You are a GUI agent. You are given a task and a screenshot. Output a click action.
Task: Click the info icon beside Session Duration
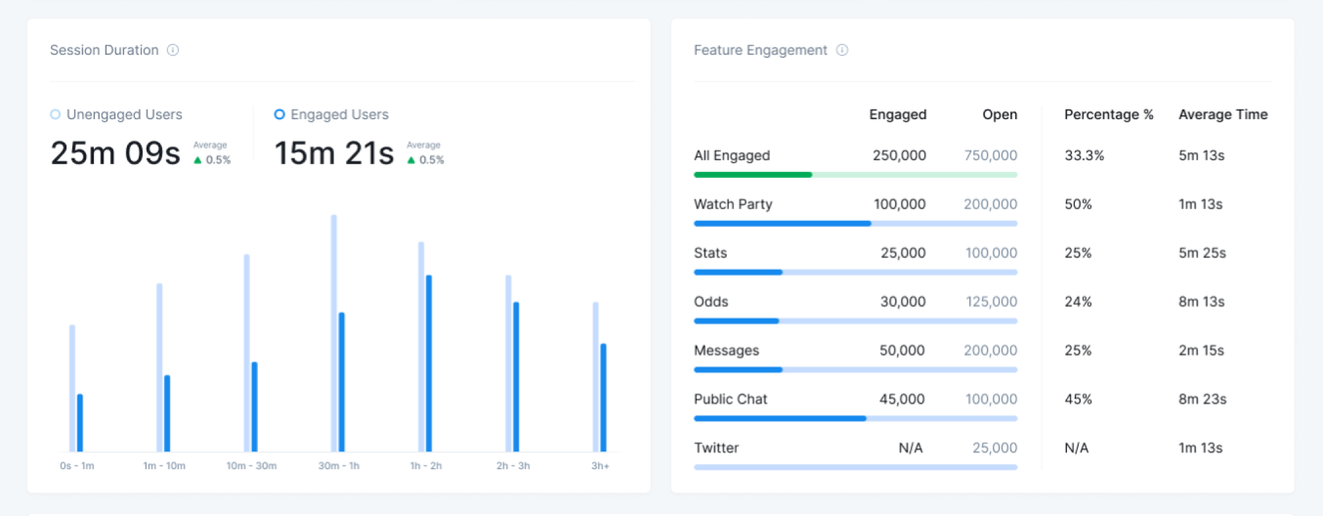click(x=173, y=50)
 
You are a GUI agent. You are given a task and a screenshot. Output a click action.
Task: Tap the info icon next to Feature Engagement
click(x=842, y=50)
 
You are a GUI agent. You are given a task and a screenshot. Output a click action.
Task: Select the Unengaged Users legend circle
click(x=55, y=115)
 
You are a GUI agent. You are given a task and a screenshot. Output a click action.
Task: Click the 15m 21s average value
click(x=334, y=154)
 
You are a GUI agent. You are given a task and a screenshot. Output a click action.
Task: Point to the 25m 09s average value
click(x=115, y=154)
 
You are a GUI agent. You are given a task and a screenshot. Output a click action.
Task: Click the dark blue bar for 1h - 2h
click(x=429, y=363)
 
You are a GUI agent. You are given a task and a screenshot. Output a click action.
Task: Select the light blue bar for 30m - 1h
click(x=334, y=332)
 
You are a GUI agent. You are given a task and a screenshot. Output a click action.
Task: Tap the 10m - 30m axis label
click(x=251, y=466)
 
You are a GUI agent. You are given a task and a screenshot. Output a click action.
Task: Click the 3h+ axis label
click(x=600, y=466)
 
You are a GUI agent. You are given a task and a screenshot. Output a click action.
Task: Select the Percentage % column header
click(x=1108, y=115)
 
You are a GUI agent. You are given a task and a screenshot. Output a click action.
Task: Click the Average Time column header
click(x=1223, y=115)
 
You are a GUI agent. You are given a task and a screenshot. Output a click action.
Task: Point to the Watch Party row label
click(x=733, y=205)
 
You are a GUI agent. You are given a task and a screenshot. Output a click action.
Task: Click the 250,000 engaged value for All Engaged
click(x=899, y=156)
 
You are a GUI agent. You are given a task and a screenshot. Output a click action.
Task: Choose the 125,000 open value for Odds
click(x=990, y=302)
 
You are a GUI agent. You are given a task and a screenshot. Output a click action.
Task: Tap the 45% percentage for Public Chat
click(x=1078, y=399)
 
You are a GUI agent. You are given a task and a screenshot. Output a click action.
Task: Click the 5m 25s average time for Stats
click(x=1202, y=253)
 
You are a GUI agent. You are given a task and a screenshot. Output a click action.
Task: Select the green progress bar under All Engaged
click(x=752, y=175)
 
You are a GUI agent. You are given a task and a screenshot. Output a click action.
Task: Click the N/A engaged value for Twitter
click(x=910, y=448)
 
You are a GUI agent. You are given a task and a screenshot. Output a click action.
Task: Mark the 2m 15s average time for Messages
click(x=1201, y=351)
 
